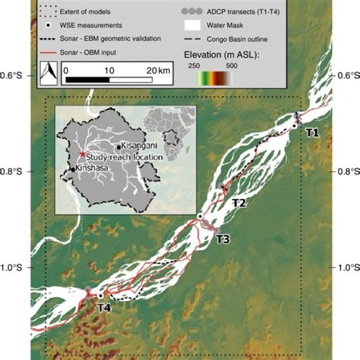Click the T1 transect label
point(312,133)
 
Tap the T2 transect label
point(238,203)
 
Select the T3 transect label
point(223,239)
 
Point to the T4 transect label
point(104,308)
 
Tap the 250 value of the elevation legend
point(194,66)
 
